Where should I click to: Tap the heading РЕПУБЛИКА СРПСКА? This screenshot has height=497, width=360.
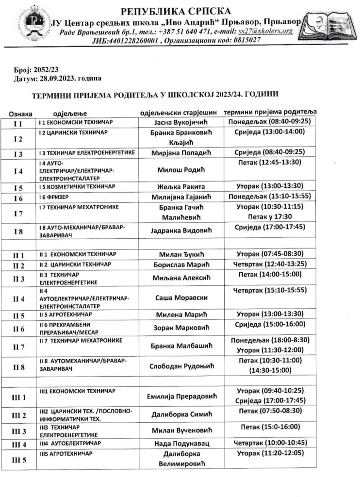pyautogui.click(x=176, y=11)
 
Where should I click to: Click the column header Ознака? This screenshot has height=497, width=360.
pyautogui.click(x=21, y=113)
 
